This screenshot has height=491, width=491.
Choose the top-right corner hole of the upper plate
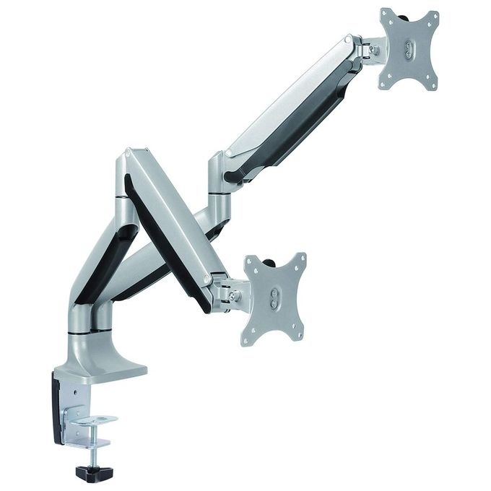[432, 16]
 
